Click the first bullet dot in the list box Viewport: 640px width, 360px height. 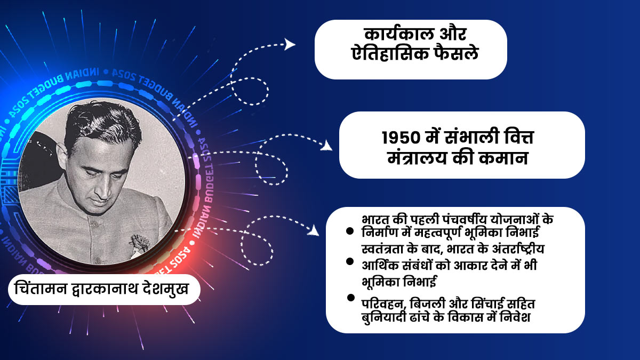click(x=350, y=231)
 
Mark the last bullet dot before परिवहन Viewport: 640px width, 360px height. click(x=350, y=297)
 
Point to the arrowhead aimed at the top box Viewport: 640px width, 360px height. click(x=290, y=44)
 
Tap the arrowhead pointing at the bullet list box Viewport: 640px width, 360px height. click(x=315, y=230)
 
